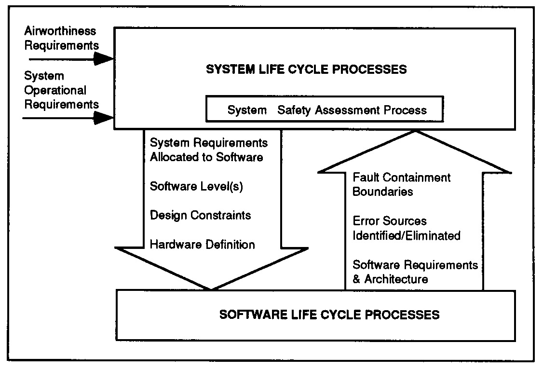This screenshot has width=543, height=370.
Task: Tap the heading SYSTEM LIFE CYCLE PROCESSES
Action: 307,69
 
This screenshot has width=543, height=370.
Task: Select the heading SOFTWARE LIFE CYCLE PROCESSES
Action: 329,315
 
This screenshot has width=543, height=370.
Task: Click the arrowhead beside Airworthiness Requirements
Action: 104,59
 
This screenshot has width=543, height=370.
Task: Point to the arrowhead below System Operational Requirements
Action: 104,118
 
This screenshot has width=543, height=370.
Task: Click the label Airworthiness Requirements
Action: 61,38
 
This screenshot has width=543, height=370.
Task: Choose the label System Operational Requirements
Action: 61,90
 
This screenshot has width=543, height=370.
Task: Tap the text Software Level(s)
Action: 196,186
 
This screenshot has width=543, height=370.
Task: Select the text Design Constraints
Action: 200,215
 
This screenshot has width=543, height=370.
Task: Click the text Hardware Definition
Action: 202,244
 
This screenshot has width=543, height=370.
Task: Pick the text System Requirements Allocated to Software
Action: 208,150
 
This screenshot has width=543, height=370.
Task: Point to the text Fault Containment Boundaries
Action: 401,184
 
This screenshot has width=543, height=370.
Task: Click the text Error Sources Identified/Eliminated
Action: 407,228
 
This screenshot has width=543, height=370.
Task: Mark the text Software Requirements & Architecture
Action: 415,272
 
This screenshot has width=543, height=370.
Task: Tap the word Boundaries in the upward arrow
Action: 383,192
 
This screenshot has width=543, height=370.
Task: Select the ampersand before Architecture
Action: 356,279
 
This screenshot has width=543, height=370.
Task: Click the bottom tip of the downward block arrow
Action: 211,289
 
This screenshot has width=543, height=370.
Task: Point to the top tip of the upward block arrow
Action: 415,131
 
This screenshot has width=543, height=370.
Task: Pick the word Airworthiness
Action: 60,31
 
